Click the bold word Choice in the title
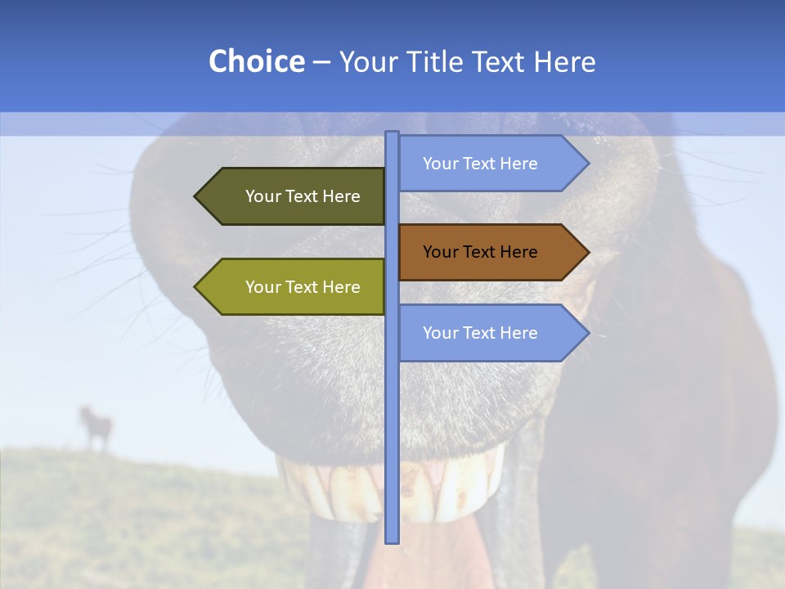tap(256, 61)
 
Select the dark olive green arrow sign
tap(294, 196)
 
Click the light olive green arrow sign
tap(294, 287)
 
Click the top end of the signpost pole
tap(392, 133)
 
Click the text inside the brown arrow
tap(480, 252)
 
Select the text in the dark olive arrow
tap(303, 196)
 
